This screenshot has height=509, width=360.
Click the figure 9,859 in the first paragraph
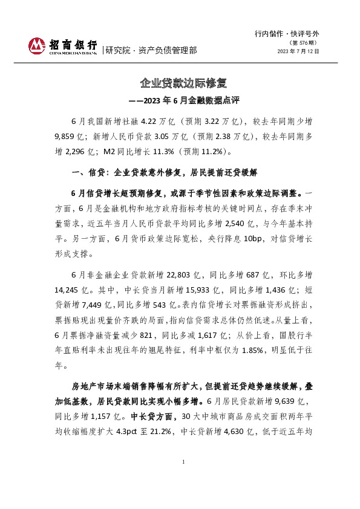64,137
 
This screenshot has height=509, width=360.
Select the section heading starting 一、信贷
164,173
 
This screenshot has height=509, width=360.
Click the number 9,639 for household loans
275,401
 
